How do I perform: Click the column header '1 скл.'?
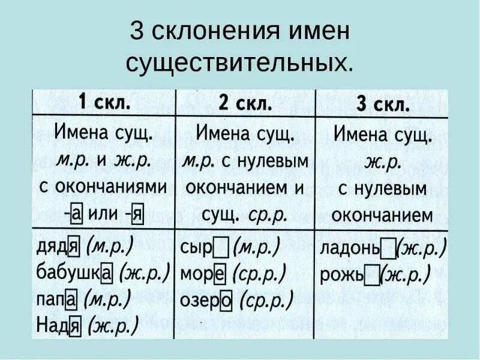coord(103,103)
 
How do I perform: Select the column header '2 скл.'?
coord(245,103)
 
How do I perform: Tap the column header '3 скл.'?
coord(383,105)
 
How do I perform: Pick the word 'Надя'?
coord(58,325)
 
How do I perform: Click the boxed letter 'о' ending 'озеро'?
coord(226,301)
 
